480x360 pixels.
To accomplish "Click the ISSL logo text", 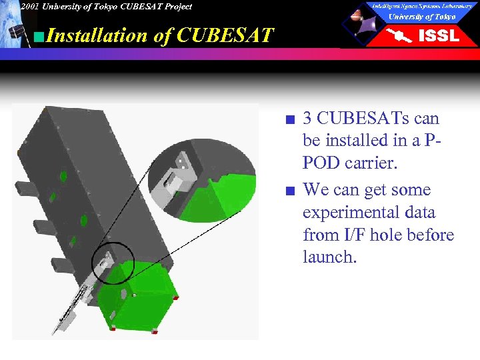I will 438,36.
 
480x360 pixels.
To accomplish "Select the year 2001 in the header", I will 29,7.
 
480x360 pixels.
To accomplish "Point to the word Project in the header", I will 175,7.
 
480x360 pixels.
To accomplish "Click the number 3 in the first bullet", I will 307,119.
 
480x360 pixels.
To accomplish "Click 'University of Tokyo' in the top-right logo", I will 421,17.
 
